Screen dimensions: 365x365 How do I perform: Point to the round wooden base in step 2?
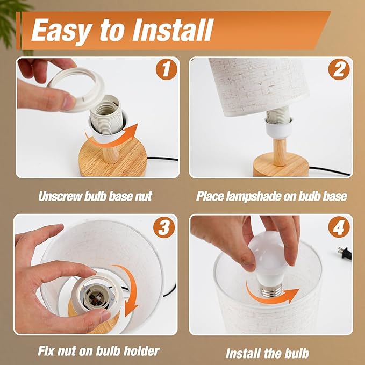click(281, 165)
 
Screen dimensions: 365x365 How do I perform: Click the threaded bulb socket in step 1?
click(106, 113)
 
